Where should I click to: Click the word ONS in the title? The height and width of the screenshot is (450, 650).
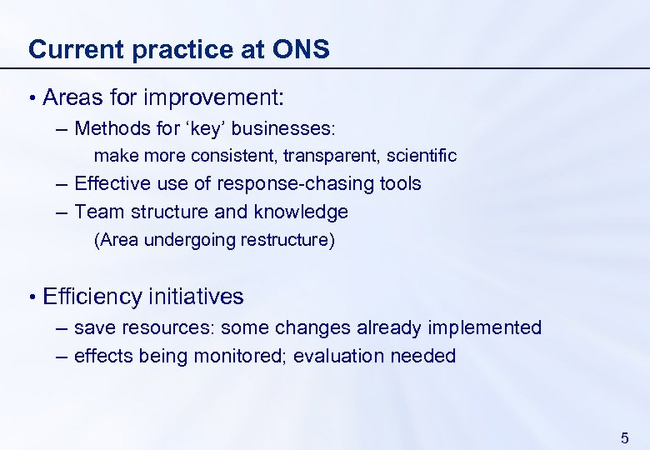pyautogui.click(x=301, y=49)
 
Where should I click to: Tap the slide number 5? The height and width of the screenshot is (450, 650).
pyautogui.click(x=625, y=437)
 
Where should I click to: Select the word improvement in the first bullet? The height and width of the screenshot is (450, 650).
pyautogui.click(x=213, y=97)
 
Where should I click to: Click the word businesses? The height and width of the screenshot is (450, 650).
pyautogui.click(x=278, y=128)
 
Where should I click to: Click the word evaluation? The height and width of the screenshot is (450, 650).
pyautogui.click(x=338, y=356)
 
